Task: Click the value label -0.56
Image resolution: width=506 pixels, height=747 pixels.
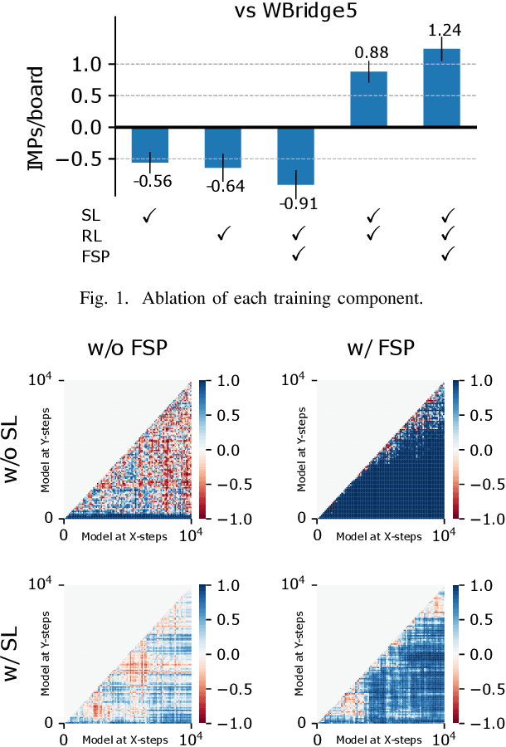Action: pyautogui.click(x=152, y=181)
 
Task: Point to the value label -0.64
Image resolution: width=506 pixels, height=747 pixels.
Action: pyautogui.click(x=225, y=186)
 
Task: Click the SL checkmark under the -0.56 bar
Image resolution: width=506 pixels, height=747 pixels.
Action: pyautogui.click(x=150, y=216)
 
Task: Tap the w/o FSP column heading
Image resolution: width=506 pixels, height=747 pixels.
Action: pyautogui.click(x=127, y=349)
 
